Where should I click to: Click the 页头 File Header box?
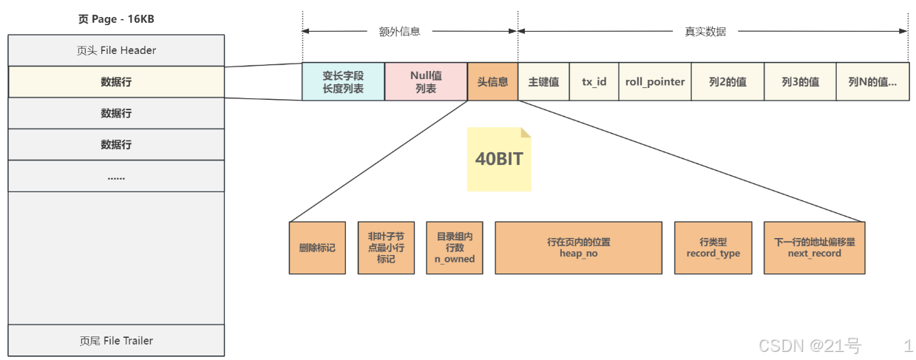tap(116, 50)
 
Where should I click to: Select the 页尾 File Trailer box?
tap(116, 341)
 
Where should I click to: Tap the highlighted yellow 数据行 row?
tap(116, 81)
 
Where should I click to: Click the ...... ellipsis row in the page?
tap(116, 177)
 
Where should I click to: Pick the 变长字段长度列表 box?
tap(343, 81)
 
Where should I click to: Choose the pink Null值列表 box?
tap(426, 81)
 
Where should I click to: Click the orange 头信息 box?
tap(492, 81)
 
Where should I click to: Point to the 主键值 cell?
tap(543, 81)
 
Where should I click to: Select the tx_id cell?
tap(594, 81)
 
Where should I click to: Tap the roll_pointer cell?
tap(654, 81)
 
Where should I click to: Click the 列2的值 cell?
tap(727, 81)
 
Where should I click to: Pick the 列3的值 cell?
tap(800, 81)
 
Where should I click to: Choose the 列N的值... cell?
tap(872, 81)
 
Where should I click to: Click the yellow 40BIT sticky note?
tap(498, 160)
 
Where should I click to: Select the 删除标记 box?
tap(317, 248)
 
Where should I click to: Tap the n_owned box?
tap(455, 248)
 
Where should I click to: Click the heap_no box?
tap(578, 248)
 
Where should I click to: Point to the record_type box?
tap(713, 248)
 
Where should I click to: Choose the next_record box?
tap(814, 248)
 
